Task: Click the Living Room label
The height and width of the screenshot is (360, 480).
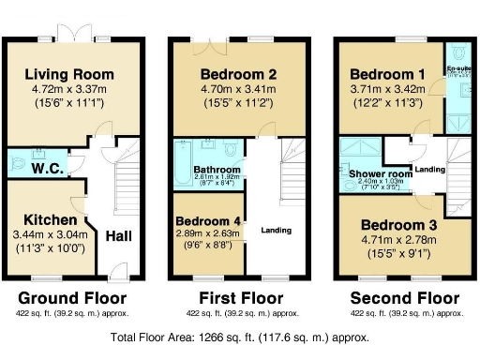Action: (x=69, y=74)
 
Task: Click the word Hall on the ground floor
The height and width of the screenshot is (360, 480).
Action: (x=118, y=238)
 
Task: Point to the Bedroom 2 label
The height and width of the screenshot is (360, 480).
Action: (x=237, y=74)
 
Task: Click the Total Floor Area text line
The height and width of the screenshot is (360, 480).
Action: (x=240, y=337)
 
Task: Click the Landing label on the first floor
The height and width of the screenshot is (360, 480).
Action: (x=276, y=230)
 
